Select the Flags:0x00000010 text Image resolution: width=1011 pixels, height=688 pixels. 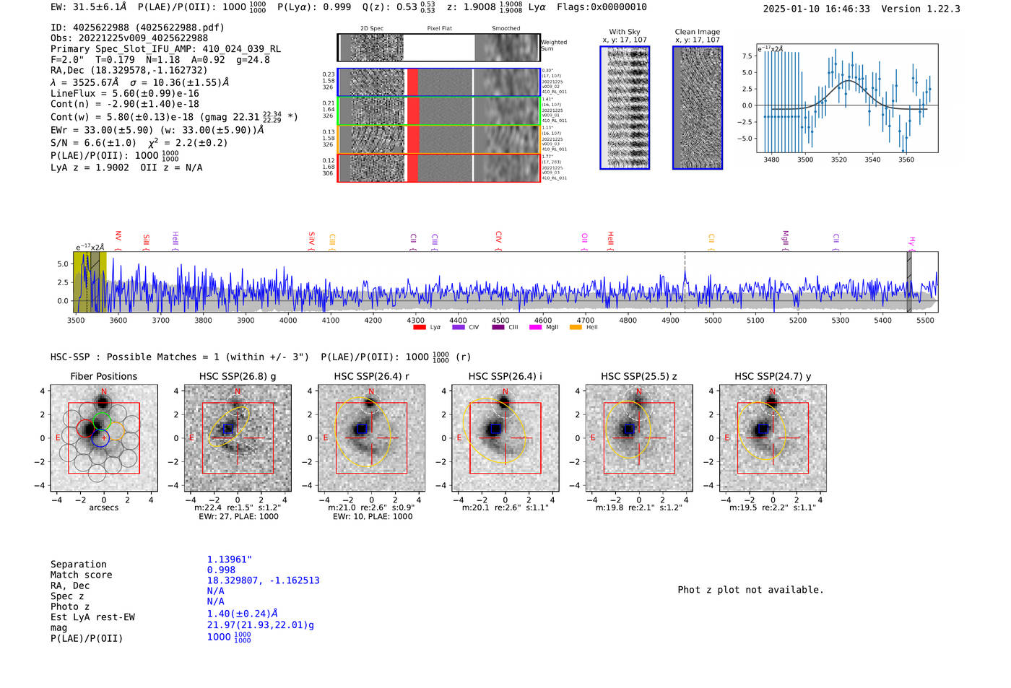coord(602,7)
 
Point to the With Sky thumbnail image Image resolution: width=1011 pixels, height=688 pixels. coord(625,108)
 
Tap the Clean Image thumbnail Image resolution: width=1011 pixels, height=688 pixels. coord(697,108)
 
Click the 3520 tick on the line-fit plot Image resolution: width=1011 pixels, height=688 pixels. coord(838,160)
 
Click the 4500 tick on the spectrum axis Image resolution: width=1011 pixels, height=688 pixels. coord(500,321)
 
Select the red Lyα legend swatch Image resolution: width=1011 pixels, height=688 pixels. coord(420,328)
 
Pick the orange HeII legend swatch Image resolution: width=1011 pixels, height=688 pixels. coord(576,328)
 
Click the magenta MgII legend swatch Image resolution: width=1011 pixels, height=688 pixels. coord(535,328)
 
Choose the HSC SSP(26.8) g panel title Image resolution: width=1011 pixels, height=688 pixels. coord(238,376)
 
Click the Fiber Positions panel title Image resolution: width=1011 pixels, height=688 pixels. coord(103,376)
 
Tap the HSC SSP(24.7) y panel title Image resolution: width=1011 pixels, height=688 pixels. coord(773,376)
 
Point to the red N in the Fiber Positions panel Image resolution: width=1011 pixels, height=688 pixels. coord(104,392)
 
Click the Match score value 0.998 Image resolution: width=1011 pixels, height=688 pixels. coord(221,570)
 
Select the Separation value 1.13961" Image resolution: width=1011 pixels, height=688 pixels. coord(229,559)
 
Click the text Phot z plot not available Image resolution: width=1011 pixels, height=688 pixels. coord(750,590)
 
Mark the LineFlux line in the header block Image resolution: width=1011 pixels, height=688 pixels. coord(124,93)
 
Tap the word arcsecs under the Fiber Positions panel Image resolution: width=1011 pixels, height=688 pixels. coord(103,508)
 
